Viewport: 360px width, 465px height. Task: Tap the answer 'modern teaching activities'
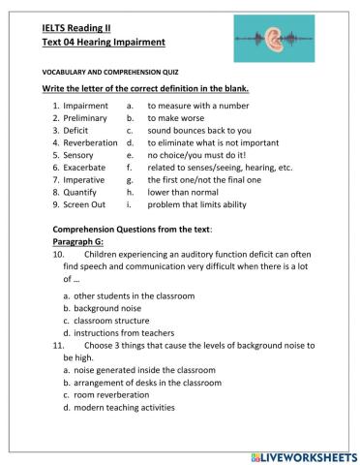125,407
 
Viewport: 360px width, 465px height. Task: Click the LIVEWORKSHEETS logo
303,454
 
